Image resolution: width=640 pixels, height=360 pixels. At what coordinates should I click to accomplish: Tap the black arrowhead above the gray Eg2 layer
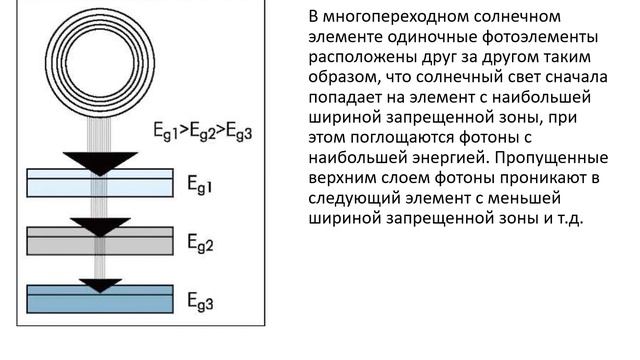click(99, 225)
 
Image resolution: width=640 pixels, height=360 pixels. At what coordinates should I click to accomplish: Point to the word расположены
click(348, 57)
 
